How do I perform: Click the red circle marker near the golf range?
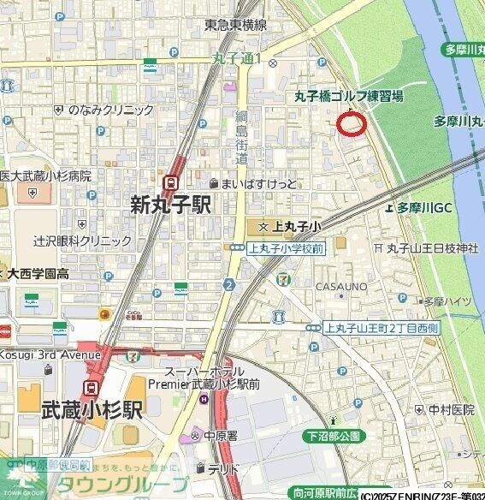click(352, 124)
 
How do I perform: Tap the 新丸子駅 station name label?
click(170, 205)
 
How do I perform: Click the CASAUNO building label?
click(341, 286)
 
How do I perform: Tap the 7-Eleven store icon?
click(282, 278)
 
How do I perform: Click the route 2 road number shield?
click(229, 284)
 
